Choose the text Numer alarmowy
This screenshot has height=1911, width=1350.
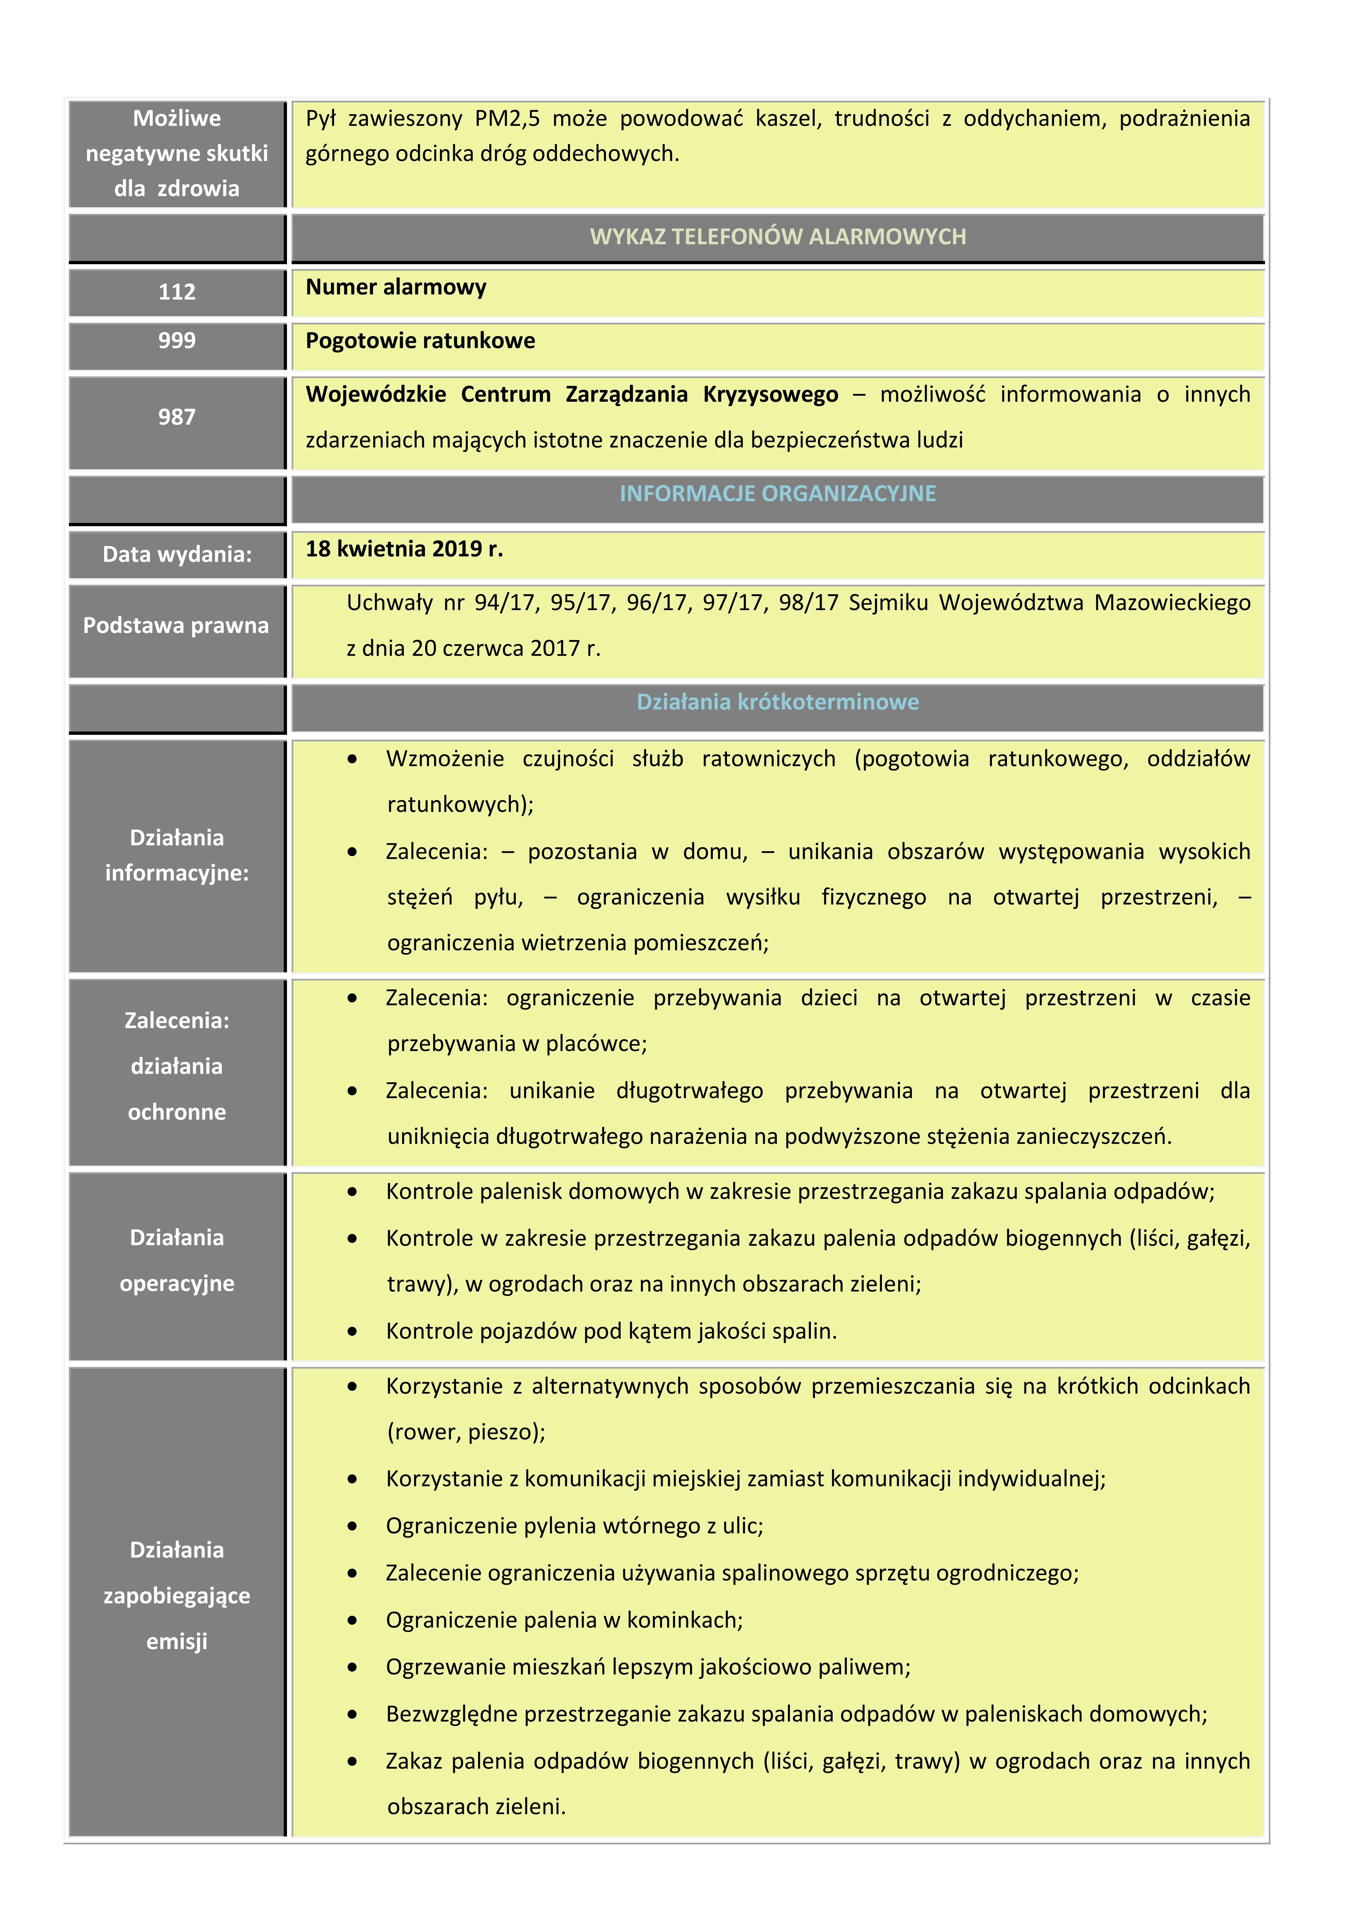click(x=396, y=287)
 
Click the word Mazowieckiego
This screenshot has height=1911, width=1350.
click(x=1172, y=603)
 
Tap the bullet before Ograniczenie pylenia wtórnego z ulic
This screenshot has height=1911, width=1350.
click(x=353, y=1526)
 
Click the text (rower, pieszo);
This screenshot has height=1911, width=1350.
click(x=466, y=1433)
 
